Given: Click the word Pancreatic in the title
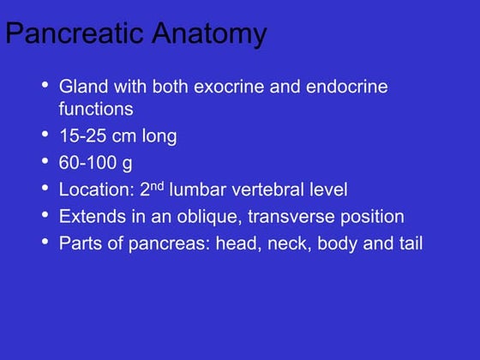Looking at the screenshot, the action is click(x=75, y=33).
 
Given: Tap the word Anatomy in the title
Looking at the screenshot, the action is click(x=210, y=33).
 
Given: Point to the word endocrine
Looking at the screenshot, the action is click(x=347, y=87).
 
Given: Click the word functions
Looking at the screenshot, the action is click(x=96, y=109).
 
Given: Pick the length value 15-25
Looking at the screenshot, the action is click(x=83, y=135).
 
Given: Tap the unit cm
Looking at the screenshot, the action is click(x=124, y=136).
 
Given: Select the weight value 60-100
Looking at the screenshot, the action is click(x=87, y=162).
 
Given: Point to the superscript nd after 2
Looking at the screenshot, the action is click(x=157, y=186).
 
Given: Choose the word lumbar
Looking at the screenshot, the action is click(x=198, y=189).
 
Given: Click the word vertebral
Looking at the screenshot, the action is click(x=267, y=189).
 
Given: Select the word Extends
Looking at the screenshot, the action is click(x=93, y=216).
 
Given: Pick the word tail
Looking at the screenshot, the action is click(x=411, y=243).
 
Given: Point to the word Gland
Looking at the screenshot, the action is click(x=84, y=87).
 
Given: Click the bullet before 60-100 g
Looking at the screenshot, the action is click(x=45, y=161).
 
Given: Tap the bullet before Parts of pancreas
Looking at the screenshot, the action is click(x=45, y=242).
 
